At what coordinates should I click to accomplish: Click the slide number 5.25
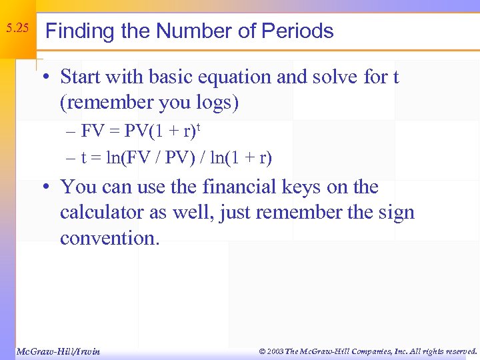click(17, 29)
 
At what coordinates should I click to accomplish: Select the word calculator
click(100, 213)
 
